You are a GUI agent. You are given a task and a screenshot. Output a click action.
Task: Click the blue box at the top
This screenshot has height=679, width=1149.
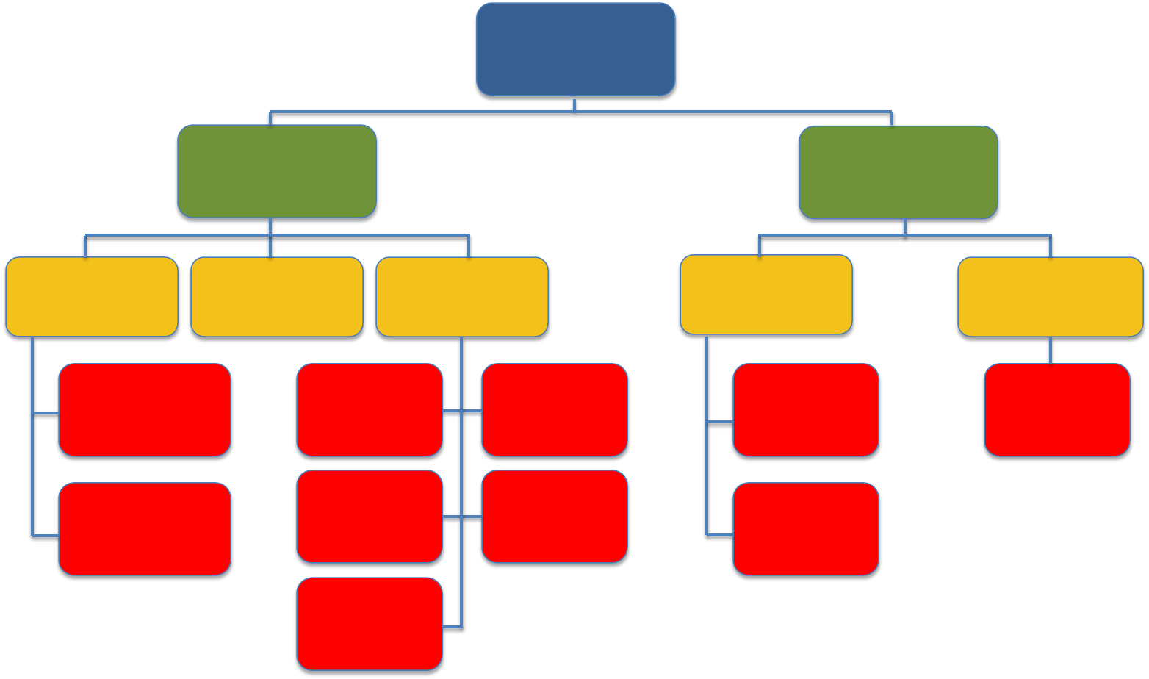(575, 49)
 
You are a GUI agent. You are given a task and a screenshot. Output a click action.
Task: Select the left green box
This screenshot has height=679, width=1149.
(277, 171)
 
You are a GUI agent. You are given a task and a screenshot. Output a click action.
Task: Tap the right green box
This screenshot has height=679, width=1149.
(898, 172)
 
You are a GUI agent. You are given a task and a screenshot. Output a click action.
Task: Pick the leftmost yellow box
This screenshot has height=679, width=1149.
(92, 297)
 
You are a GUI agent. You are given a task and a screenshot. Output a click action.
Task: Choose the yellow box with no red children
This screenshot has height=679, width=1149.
(277, 297)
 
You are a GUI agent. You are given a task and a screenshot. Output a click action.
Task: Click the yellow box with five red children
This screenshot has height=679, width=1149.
(462, 297)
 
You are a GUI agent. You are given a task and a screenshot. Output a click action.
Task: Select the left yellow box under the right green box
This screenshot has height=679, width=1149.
(766, 295)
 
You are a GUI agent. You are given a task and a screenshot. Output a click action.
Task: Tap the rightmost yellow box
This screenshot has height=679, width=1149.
(1050, 297)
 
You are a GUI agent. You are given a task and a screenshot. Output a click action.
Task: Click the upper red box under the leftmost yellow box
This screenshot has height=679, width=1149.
(145, 409)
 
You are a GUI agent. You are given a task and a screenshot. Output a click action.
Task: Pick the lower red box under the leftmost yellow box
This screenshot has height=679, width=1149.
(145, 528)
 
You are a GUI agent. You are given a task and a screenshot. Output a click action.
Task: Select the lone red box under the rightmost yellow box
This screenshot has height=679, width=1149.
(1056, 409)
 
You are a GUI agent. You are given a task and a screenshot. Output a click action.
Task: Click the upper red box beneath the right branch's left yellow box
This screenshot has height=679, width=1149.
(806, 409)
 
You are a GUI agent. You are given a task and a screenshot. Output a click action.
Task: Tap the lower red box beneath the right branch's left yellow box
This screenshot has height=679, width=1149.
(806, 528)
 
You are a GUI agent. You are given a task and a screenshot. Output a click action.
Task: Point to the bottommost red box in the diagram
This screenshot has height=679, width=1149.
(370, 624)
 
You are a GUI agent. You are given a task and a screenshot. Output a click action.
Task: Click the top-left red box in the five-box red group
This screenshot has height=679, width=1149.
(370, 409)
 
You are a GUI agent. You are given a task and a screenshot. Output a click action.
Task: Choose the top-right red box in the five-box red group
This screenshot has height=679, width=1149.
(555, 409)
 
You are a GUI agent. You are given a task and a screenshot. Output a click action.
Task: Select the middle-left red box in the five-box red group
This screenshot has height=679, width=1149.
(370, 516)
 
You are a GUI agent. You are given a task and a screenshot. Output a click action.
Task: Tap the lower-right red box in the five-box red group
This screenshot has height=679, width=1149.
(555, 516)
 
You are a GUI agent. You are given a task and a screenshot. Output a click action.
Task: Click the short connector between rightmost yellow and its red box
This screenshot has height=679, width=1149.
(1050, 351)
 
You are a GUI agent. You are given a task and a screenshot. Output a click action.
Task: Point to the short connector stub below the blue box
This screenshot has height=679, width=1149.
(574, 104)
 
